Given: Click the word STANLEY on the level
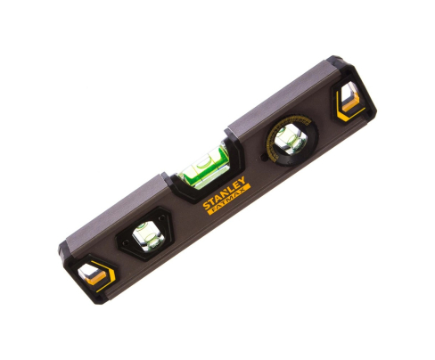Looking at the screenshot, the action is tap(224, 192).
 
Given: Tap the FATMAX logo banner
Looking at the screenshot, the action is tap(229, 200).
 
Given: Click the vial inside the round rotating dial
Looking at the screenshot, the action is tap(290, 139).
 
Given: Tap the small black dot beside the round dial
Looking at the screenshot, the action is tap(263, 158).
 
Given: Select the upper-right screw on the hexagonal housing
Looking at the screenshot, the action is tap(162, 218).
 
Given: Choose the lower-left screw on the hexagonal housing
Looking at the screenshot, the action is tap(126, 242).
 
